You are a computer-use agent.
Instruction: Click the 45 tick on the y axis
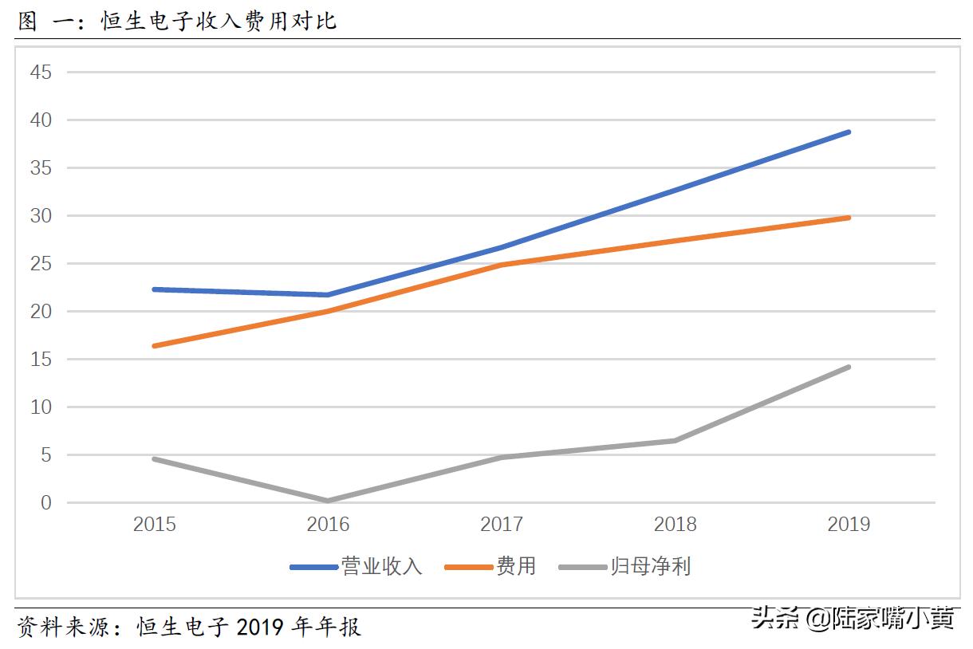point(41,73)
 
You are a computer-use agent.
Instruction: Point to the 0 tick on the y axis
point(46,503)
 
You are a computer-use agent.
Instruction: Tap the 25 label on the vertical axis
point(41,264)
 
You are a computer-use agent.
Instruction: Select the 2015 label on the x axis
point(155,525)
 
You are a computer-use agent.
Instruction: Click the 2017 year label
point(502,525)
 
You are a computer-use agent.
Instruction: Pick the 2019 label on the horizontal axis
point(849,525)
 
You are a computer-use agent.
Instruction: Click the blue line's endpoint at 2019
point(849,132)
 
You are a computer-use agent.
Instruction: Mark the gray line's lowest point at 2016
point(328,501)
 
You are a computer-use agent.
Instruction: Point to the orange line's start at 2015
point(155,346)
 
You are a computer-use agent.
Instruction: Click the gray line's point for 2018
point(675,440)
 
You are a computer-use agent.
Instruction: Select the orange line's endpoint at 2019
point(849,217)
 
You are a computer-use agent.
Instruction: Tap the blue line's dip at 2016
point(328,295)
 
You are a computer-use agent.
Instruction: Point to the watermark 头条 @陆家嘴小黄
point(852,618)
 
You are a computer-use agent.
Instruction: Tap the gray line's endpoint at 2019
point(849,367)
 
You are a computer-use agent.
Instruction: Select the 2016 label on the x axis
point(328,525)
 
